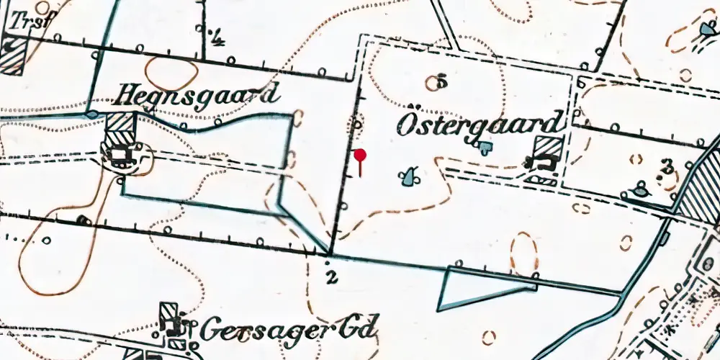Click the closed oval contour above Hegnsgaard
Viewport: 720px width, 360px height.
pos(172,73)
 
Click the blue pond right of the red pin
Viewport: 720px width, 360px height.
pos(410,176)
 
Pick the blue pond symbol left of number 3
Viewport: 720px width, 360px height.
pos(639,192)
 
